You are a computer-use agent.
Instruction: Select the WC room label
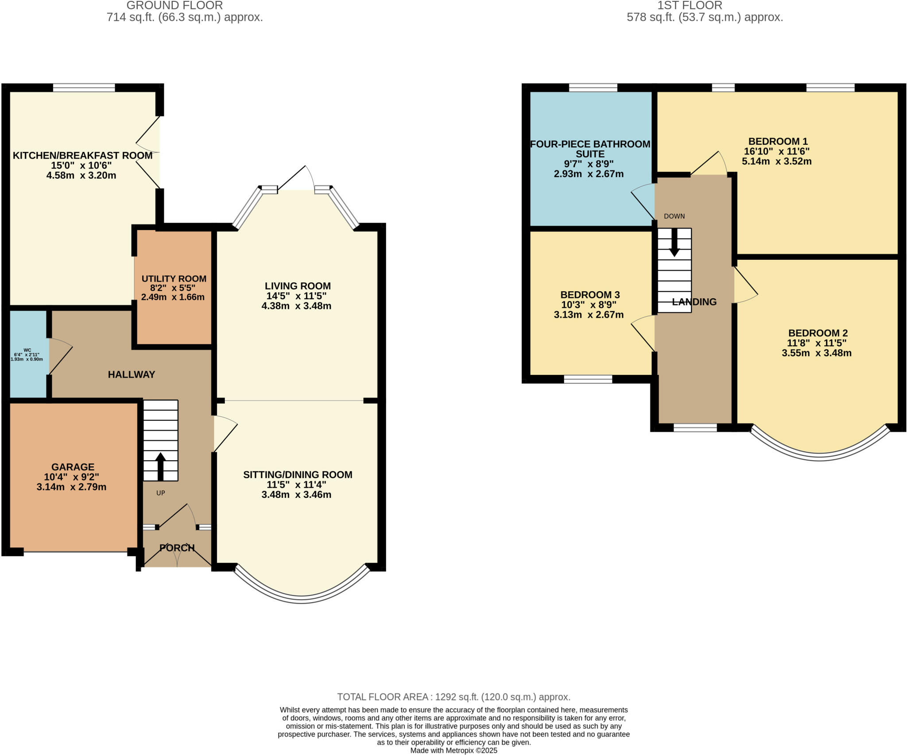pyautogui.click(x=27, y=350)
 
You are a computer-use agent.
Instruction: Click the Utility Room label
pyautogui.click(x=174, y=279)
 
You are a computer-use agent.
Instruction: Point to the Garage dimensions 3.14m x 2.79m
pyautogui.click(x=71, y=487)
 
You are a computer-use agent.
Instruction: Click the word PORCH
pyautogui.click(x=177, y=548)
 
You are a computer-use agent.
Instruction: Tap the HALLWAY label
pyautogui.click(x=131, y=374)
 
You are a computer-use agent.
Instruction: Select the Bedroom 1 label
pyautogui.click(x=778, y=142)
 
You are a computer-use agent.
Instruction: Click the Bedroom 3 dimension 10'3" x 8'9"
pyautogui.click(x=589, y=305)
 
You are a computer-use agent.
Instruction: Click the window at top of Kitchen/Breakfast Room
pyautogui.click(x=84, y=88)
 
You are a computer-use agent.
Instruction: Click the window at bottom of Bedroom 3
pyautogui.click(x=588, y=379)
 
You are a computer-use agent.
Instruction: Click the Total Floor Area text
pyautogui.click(x=453, y=697)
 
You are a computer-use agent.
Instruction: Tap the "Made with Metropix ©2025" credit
pyautogui.click(x=453, y=751)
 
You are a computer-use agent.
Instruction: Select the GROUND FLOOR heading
pyautogui.click(x=174, y=5)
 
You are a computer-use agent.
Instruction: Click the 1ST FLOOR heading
pyautogui.click(x=690, y=5)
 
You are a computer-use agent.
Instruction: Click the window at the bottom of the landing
pyautogui.click(x=694, y=428)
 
